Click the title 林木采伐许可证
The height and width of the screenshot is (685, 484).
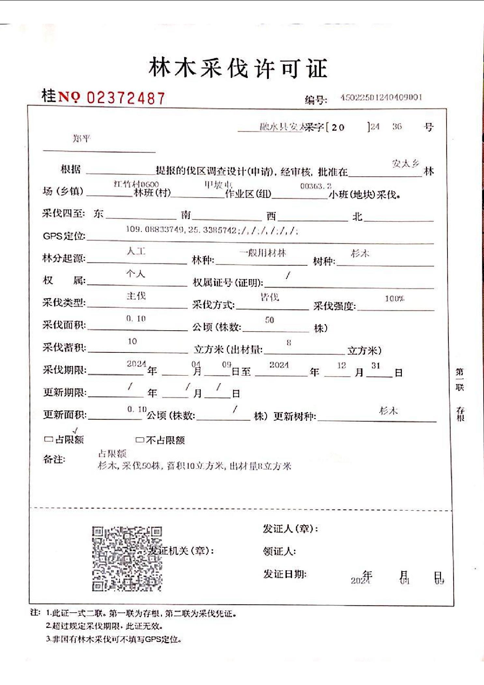point(238,68)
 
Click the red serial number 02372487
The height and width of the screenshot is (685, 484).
point(126,98)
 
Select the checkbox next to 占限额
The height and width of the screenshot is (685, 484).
point(49,439)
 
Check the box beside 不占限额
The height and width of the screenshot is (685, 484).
point(139,440)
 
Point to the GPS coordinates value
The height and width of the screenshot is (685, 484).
point(212,230)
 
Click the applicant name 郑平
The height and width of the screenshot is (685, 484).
point(81,139)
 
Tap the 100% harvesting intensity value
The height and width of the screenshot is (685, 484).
point(394,298)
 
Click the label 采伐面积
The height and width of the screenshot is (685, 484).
point(64,325)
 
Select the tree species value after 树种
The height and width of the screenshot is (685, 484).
point(360,253)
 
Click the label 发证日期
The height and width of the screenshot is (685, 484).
point(285,574)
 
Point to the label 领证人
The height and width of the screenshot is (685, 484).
point(279,551)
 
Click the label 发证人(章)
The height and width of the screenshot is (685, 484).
point(290,529)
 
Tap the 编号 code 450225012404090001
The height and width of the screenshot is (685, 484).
point(381,97)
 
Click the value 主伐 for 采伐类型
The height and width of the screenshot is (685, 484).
point(136,296)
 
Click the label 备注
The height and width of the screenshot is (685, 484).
point(54,459)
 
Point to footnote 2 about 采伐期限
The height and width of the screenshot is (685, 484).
point(104,626)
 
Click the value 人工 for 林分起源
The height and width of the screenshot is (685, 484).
point(136,251)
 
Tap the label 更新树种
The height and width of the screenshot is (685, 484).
point(295,416)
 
